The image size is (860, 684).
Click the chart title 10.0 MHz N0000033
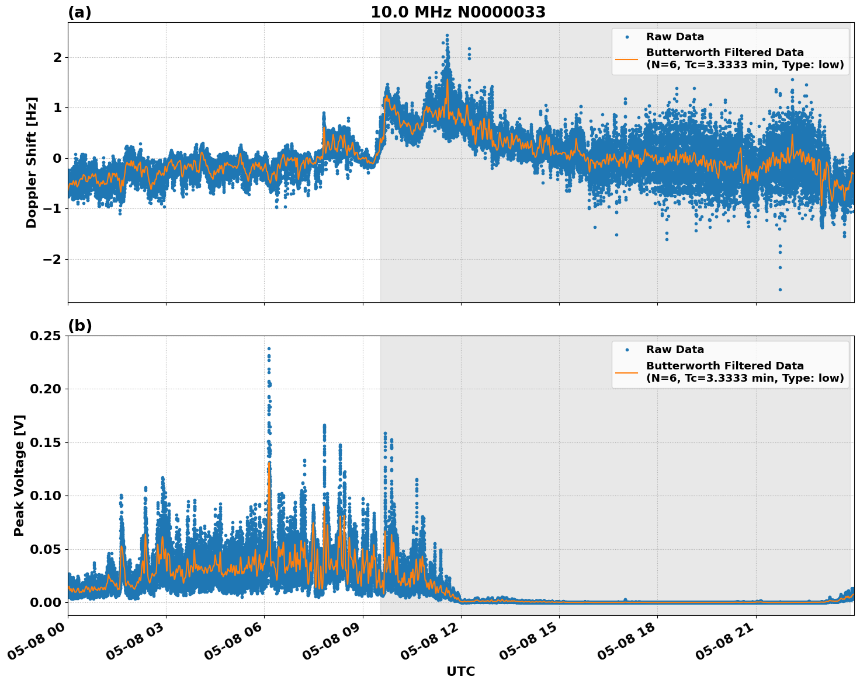[458, 12]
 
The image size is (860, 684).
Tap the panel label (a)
[79, 12]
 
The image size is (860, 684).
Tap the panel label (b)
[79, 326]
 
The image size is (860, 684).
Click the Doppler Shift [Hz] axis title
[32, 162]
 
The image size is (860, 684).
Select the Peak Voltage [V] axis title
[19, 475]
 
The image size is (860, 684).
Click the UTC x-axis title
[460, 671]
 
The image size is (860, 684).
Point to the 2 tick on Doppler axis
[57, 57]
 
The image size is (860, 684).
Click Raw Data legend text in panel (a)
[675, 37]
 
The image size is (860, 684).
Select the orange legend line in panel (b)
[626, 372]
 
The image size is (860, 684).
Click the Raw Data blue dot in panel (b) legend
[626, 350]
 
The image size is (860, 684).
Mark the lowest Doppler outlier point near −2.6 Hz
[779, 289]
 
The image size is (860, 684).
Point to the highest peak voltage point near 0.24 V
[269, 348]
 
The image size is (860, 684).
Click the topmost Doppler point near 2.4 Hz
[447, 36]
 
